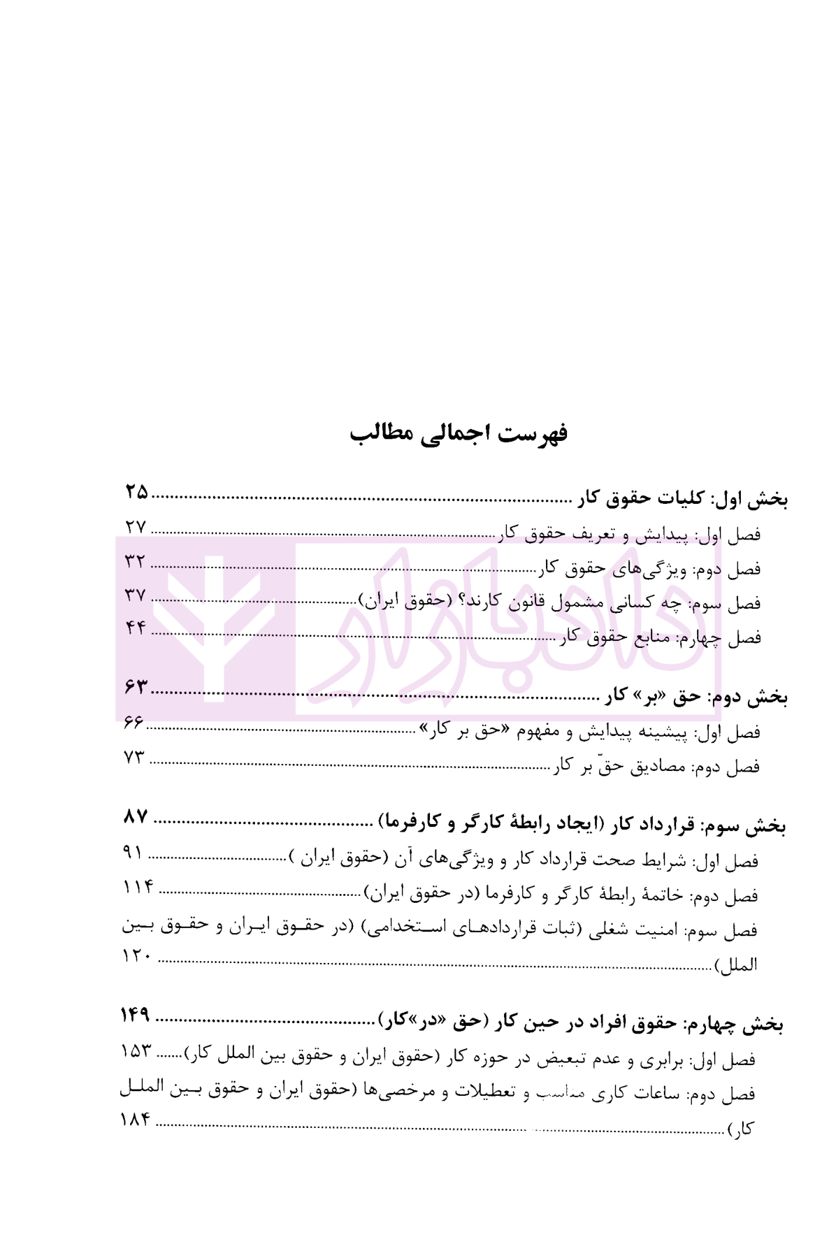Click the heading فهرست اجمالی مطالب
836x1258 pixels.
(459, 433)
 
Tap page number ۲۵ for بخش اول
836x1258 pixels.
(137, 493)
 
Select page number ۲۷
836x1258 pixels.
(136, 528)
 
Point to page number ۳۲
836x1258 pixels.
(135, 561)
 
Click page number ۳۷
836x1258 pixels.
(135, 595)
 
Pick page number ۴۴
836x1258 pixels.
(136, 628)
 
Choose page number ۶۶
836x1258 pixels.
(133, 723)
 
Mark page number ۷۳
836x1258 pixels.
(134, 757)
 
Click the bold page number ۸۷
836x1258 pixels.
(136, 816)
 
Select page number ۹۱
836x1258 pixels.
(133, 852)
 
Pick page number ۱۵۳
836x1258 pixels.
(136, 1051)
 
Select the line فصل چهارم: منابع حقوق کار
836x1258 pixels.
(661, 637)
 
